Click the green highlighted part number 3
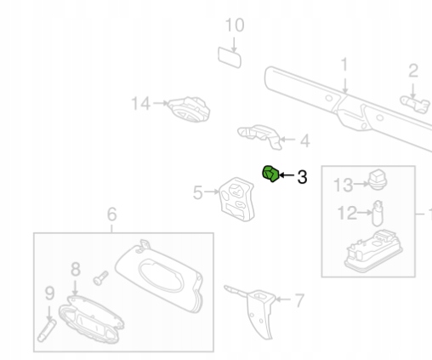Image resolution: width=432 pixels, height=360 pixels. point(270,174)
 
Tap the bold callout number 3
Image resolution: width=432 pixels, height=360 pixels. point(302,177)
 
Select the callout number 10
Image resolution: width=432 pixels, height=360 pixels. point(235,25)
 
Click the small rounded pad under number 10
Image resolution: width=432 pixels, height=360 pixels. point(230,58)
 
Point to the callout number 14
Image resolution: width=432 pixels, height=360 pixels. point(141,103)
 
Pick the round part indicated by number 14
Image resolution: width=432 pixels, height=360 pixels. point(189,110)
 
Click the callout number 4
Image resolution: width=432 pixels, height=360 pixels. point(304,141)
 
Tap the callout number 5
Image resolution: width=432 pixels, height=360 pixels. point(198,192)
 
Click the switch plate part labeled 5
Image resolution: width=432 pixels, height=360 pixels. point(237,199)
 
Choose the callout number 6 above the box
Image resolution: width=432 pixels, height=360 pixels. point(112,214)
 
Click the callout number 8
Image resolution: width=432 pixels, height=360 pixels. point(75,269)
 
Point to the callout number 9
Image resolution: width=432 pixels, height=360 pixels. point(49,294)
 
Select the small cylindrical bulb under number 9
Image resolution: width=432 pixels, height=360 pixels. point(47,330)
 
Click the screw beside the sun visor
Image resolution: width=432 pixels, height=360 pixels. point(100,278)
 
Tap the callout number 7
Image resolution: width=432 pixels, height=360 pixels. point(299,300)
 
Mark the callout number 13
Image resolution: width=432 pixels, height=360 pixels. point(344,185)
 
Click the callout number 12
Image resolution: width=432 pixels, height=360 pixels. point(347,213)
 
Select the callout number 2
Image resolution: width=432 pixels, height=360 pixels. point(413,71)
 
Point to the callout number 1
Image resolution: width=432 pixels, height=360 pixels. point(344,65)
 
